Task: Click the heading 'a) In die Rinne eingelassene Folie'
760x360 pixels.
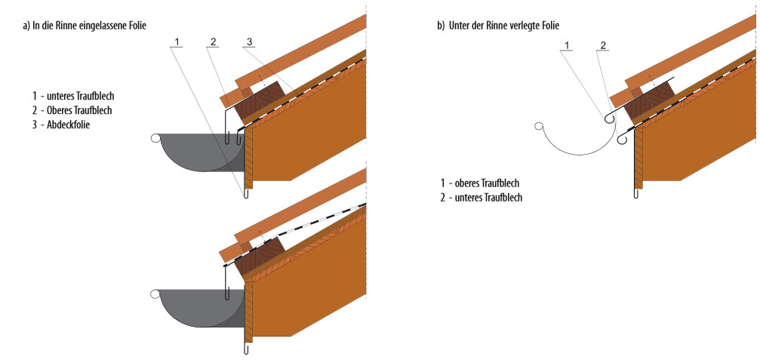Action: click(x=85, y=25)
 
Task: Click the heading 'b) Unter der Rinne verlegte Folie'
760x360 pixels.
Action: click(x=498, y=25)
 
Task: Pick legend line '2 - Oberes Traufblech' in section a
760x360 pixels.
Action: click(x=71, y=110)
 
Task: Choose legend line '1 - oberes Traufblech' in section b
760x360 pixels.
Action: click(x=482, y=183)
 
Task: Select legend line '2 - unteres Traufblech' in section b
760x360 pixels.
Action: click(x=482, y=197)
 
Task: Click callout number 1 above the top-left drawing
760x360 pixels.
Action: click(x=176, y=41)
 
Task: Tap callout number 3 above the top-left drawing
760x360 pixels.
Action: click(x=248, y=41)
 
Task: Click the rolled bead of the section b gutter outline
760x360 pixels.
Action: click(x=537, y=127)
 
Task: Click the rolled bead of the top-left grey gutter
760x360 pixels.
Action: click(x=155, y=138)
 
